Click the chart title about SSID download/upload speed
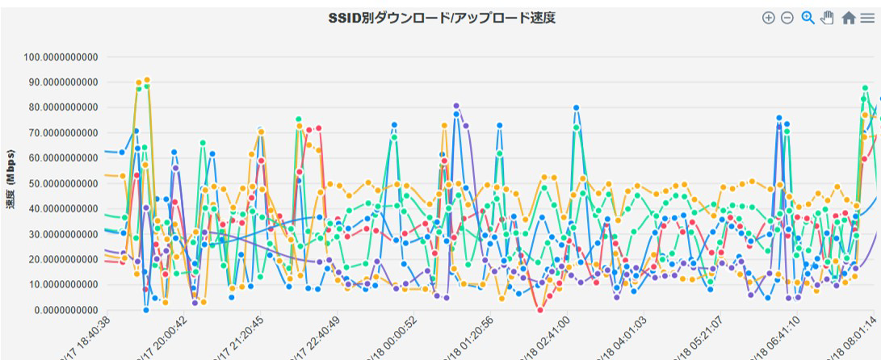441,17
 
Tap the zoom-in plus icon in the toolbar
768,18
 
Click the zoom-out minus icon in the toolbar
787,18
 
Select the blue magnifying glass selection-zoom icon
808,18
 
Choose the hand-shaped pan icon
827,18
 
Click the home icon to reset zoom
848,18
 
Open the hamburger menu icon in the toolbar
866,18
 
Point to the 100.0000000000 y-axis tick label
61,57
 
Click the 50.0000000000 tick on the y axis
61,183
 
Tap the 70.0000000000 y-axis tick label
61,133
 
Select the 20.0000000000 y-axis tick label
61,259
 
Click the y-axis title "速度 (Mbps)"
11,180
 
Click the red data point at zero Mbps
540,310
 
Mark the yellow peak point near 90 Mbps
146,80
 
